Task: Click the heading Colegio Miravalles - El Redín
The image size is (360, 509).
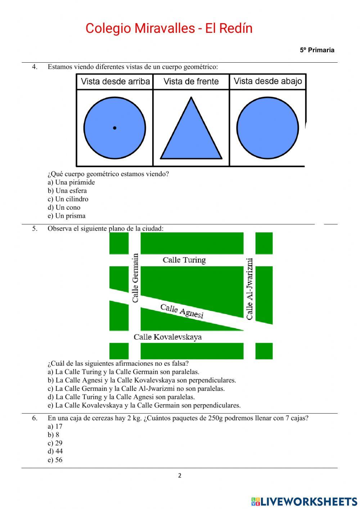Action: [x=169, y=28]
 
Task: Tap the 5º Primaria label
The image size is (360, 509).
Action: [x=317, y=50]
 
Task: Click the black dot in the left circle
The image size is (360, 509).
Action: [x=114, y=128]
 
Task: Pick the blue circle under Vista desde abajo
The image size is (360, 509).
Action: [x=267, y=128]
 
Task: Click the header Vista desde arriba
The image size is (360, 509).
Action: [x=115, y=81]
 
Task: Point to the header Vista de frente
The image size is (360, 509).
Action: [x=191, y=81]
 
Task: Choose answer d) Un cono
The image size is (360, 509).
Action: [x=64, y=207]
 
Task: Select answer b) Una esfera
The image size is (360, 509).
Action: [x=67, y=191]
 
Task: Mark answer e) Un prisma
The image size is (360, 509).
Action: [x=67, y=216]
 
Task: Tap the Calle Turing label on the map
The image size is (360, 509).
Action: [x=184, y=260]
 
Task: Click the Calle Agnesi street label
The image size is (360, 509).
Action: [x=182, y=311]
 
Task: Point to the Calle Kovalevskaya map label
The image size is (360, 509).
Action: [x=168, y=337]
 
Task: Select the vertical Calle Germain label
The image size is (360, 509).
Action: [x=135, y=278]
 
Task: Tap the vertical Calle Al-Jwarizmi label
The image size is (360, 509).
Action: [x=249, y=289]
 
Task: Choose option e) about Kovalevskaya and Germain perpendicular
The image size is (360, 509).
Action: [x=144, y=406]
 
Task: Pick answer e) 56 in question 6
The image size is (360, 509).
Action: [x=55, y=460]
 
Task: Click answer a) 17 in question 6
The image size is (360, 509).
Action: [x=55, y=427]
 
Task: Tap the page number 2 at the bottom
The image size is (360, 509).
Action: [x=180, y=475]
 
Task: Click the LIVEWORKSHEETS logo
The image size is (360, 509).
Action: [x=304, y=501]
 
